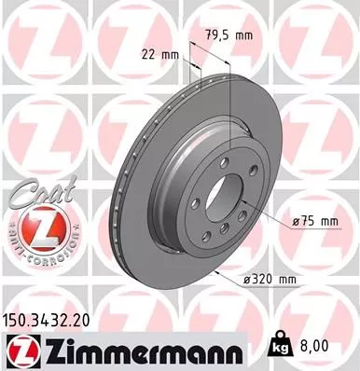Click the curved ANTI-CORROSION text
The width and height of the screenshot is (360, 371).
(x=37, y=245)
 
